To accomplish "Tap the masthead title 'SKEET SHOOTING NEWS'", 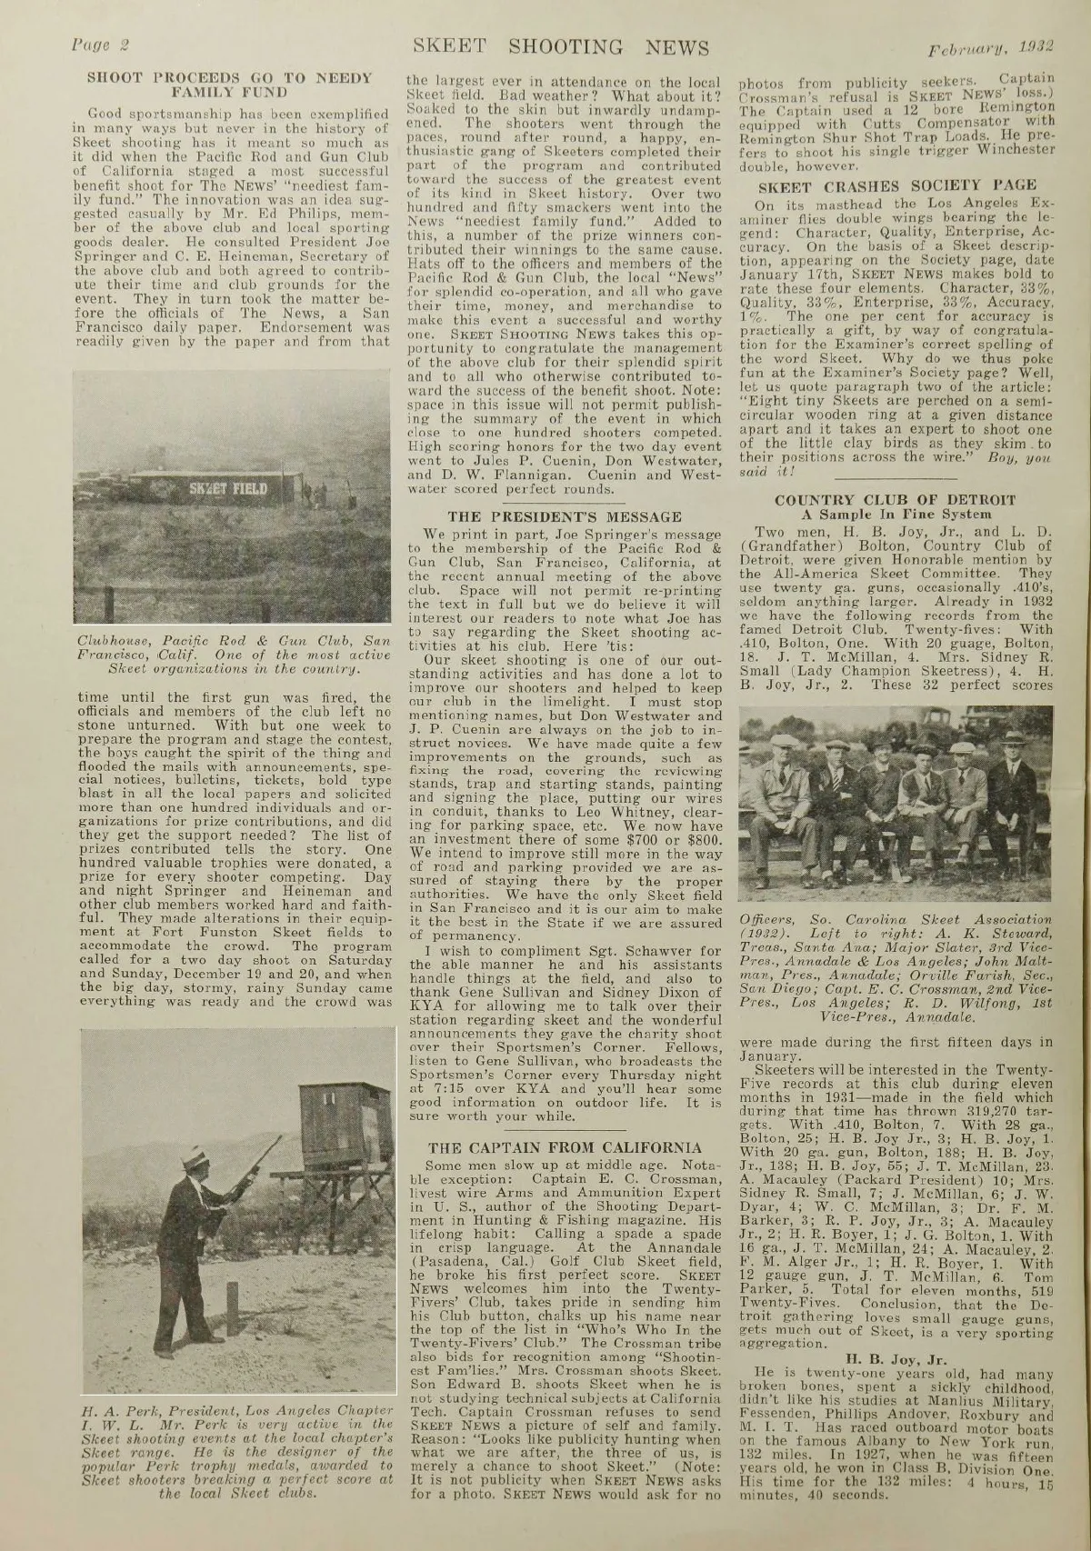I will tap(560, 46).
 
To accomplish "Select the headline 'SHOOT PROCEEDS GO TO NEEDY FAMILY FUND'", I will tap(229, 83).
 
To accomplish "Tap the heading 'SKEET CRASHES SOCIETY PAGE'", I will tap(899, 185).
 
